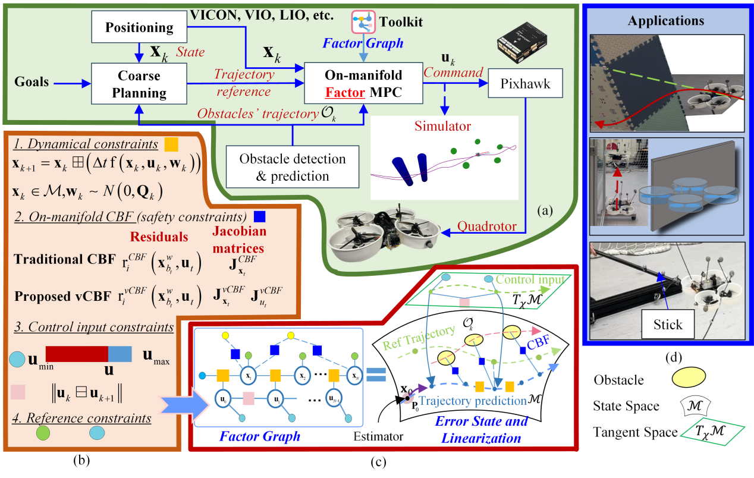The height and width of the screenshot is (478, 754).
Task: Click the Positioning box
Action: tap(139, 27)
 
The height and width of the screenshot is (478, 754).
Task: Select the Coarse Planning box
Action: tap(139, 84)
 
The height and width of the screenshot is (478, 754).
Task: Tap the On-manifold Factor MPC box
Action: tap(363, 84)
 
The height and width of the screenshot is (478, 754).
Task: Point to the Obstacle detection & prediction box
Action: tap(292, 168)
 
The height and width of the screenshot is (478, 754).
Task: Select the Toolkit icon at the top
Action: tap(362, 21)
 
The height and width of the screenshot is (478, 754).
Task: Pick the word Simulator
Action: tap(442, 126)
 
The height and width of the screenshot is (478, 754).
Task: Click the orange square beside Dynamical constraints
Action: tap(171, 144)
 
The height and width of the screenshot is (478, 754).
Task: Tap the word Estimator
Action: tap(378, 436)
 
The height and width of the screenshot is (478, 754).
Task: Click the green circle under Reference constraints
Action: tap(43, 432)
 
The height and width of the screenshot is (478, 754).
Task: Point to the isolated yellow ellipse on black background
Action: tap(689, 377)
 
